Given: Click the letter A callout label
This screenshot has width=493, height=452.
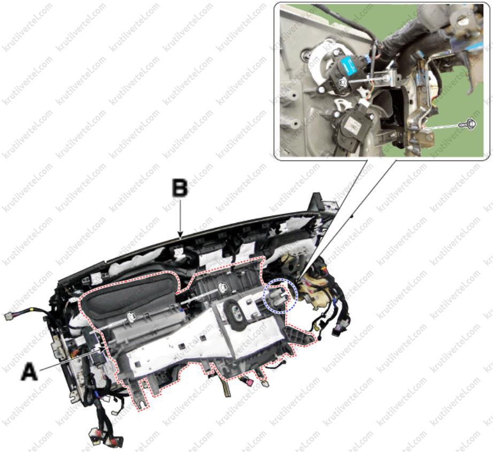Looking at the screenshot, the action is (29, 371).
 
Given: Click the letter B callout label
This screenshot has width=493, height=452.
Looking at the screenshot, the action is (180, 188).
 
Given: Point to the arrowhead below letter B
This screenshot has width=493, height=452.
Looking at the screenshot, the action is (180, 235).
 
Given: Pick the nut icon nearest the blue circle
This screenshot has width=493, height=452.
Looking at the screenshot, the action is (222, 286).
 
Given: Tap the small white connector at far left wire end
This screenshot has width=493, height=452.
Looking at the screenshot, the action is (9, 316).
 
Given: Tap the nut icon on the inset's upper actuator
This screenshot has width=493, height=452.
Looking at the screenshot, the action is (343, 83).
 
